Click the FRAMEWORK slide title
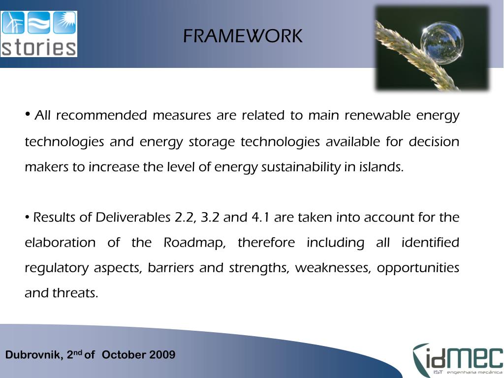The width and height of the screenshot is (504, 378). (x=243, y=36)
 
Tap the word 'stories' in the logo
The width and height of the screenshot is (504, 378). (x=39, y=48)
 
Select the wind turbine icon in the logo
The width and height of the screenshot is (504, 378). (x=13, y=23)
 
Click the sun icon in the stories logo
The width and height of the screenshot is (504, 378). (x=64, y=23)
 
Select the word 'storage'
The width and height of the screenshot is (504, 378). (x=213, y=142)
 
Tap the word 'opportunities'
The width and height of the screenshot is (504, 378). (x=418, y=268)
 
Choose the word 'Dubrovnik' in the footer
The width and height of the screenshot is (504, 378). (x=34, y=355)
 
